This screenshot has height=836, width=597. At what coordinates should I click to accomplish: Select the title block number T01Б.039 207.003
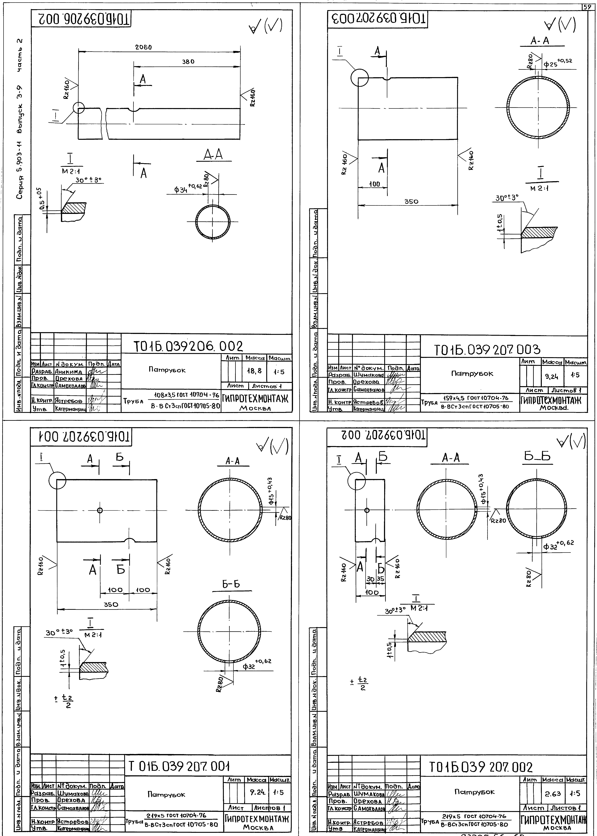487,350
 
